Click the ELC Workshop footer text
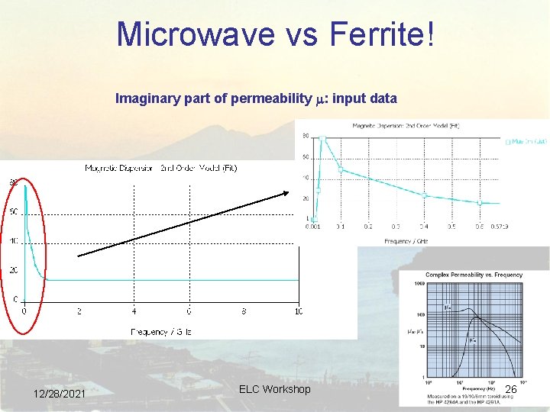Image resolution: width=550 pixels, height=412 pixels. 274,389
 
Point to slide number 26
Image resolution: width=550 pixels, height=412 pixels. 511,390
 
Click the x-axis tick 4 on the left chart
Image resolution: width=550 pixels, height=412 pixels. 134,311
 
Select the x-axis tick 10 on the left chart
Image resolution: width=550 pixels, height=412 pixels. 298,311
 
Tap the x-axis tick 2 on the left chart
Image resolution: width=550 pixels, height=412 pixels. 79,311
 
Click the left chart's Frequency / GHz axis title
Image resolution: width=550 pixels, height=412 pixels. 161,332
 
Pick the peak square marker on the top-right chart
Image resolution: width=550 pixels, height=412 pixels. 323,140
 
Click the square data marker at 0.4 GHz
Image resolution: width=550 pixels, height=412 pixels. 425,195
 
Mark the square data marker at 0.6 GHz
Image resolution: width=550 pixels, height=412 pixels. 480,203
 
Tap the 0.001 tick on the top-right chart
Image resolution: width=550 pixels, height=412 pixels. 313,227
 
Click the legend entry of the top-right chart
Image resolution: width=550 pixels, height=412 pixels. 526,141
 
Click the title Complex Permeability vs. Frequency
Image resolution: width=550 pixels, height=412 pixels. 474,275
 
